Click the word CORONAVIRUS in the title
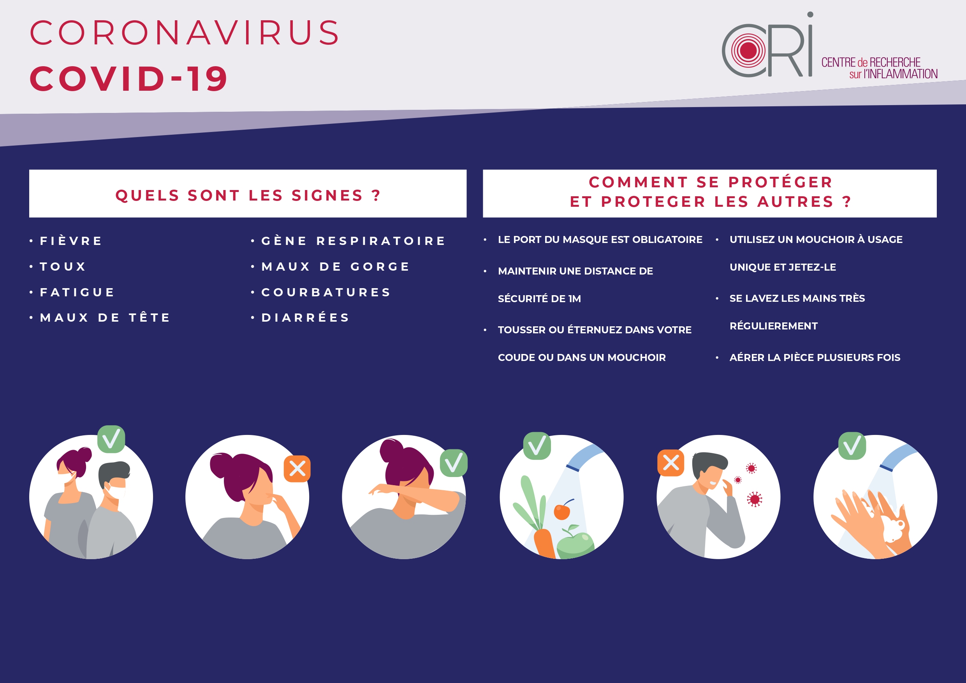[184, 32]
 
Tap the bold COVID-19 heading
[128, 78]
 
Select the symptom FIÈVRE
[71, 241]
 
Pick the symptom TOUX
[63, 266]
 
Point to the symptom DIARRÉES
[305, 317]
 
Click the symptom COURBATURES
[326, 292]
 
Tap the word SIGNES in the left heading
[327, 195]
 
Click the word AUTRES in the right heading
[795, 202]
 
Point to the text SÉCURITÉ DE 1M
[539, 298]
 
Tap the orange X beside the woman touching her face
[297, 469]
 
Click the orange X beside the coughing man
[670, 463]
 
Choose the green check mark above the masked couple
[111, 439]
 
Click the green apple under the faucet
[575, 543]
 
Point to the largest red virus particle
[754, 500]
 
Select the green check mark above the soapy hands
[852, 445]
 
